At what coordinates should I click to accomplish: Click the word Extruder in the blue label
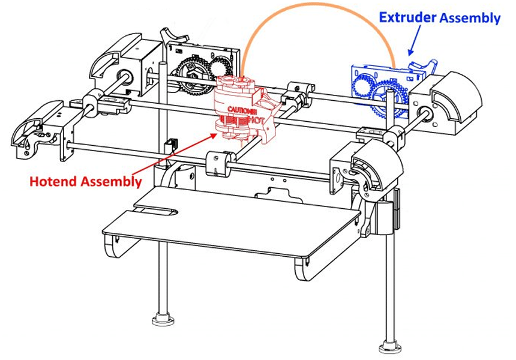click(407, 17)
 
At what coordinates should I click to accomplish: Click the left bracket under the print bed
click(116, 246)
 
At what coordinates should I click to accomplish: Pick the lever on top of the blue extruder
click(423, 65)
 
